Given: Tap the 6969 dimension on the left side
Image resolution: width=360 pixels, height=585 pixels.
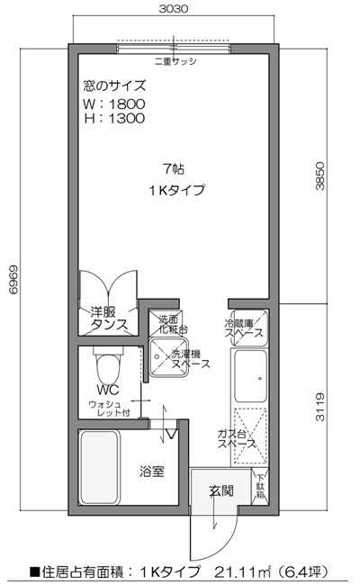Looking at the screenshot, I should (12, 285).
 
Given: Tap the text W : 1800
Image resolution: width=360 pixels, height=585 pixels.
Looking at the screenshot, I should (113, 104).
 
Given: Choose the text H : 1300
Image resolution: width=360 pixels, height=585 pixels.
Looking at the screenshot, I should (113, 119).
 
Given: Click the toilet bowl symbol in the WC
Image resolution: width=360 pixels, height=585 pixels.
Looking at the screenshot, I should (109, 366).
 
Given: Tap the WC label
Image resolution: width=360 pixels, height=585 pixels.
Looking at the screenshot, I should (108, 390).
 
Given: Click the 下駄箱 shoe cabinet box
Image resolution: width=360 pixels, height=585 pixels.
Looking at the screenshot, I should (259, 487).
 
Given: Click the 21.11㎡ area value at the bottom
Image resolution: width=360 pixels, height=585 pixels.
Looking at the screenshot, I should (248, 570).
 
